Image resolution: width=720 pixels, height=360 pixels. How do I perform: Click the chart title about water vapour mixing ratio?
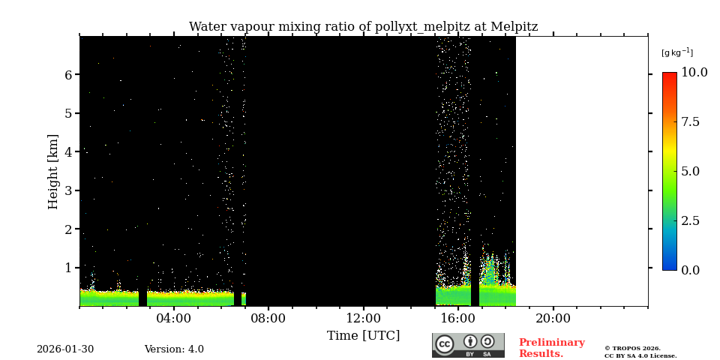363,27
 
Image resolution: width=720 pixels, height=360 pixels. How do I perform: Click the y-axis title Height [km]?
53,171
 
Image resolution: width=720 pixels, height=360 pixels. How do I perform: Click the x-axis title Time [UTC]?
363,335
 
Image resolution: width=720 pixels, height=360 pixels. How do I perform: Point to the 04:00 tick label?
174,319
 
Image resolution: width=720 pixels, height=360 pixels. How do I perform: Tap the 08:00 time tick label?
268,319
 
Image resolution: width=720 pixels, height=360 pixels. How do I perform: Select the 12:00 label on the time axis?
363,319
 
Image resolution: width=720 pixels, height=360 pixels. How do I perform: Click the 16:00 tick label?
458,319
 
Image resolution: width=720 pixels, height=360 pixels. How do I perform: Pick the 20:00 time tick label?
553,319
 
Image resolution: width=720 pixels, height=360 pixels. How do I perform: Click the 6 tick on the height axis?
67,75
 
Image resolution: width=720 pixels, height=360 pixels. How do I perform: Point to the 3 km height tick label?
67,190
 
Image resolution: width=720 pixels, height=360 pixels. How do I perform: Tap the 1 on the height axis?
67,268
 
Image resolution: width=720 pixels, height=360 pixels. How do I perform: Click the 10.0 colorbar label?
694,73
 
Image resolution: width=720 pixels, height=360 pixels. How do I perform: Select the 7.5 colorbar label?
690,122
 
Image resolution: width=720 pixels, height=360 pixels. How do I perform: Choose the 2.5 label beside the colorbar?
690,220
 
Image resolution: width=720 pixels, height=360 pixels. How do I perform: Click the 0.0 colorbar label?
690,270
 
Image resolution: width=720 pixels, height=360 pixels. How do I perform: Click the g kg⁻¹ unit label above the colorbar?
676,52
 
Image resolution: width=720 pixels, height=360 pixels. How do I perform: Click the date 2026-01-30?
65,349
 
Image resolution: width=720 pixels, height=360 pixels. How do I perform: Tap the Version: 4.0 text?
174,349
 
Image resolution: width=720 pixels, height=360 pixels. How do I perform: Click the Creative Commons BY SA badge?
468,345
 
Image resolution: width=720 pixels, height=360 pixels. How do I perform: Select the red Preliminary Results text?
551,348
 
